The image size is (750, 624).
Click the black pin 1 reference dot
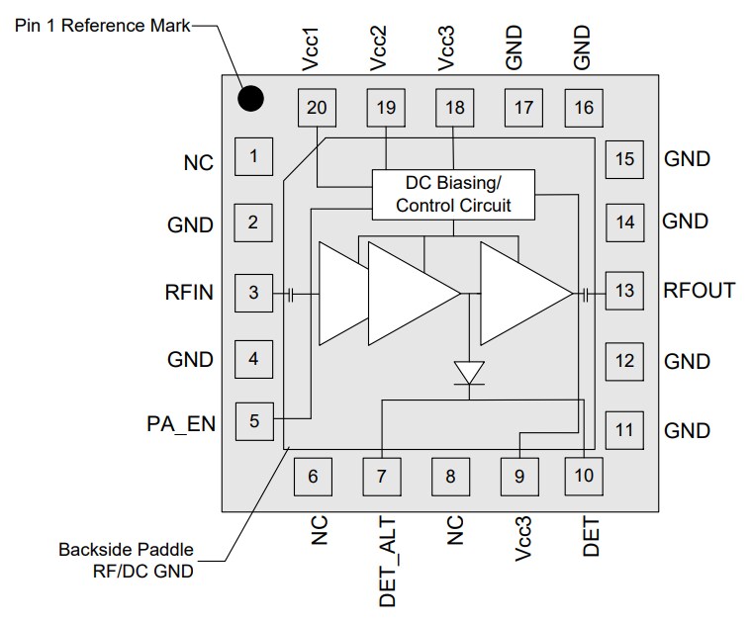pos(250,98)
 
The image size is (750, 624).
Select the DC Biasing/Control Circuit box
pos(453,195)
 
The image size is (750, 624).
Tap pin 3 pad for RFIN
pos(253,293)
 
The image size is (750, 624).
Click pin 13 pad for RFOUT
pos(624,291)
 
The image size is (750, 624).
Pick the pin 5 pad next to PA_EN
pos(253,421)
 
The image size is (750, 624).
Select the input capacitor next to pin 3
pos(291,294)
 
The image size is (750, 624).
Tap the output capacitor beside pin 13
pos(587,294)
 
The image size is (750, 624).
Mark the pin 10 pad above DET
pos(584,476)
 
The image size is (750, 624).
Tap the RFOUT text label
pos(699,291)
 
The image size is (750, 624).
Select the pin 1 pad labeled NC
pos(253,155)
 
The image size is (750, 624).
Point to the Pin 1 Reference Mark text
pos(102,24)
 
